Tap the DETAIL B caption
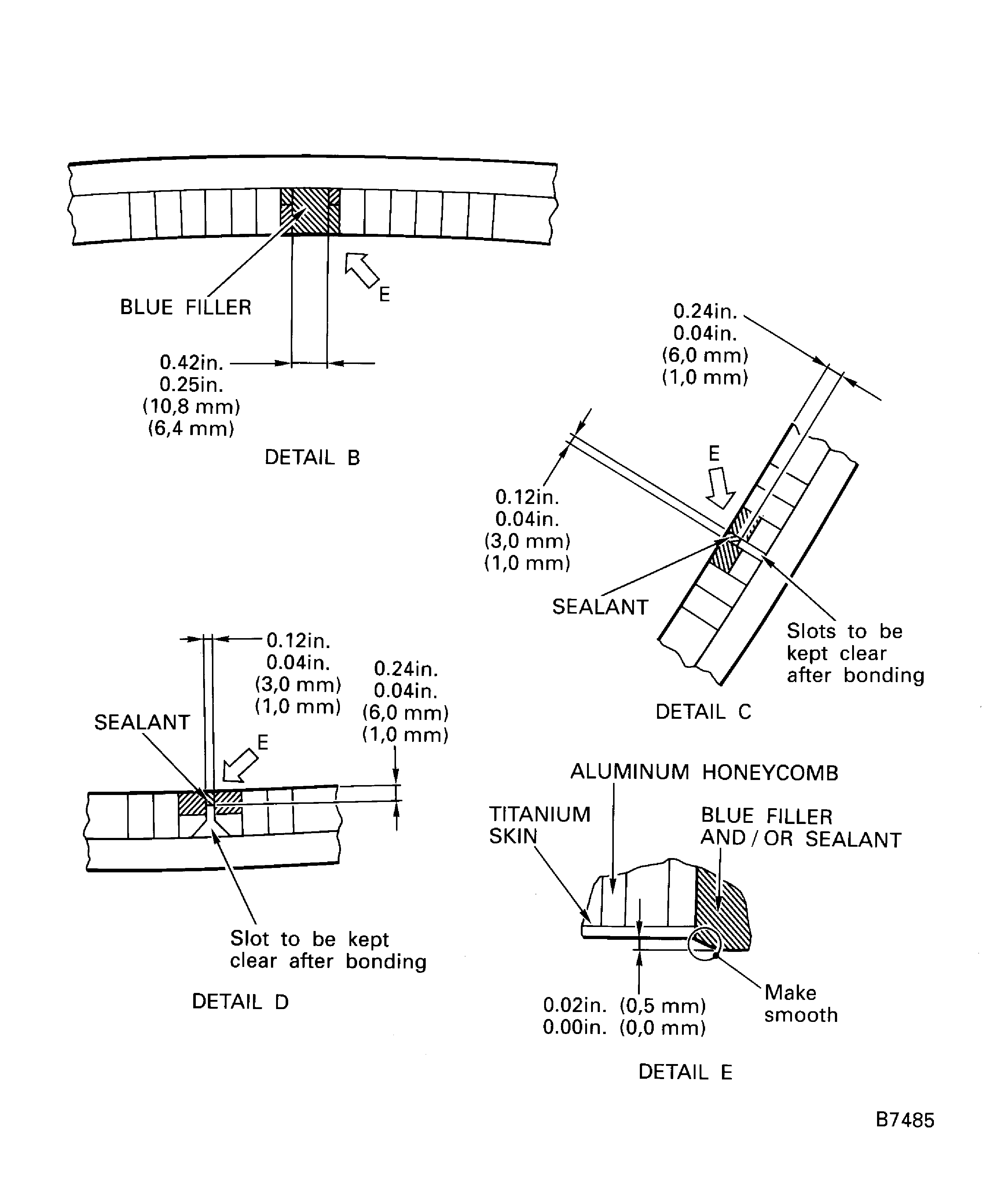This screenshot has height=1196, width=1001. pos(312,458)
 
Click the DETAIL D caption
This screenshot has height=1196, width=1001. pos(241,1001)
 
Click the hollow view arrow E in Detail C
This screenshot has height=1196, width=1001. pos(721,487)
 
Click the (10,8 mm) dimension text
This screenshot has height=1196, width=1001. pos(191,406)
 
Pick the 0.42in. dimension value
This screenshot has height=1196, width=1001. pos(191,363)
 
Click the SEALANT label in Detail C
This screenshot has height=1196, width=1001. pos(601,607)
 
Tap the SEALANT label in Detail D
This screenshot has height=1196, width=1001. pos(142,723)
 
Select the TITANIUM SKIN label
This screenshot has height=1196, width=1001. pos(539,825)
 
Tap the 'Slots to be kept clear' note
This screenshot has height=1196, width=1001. pos(855,653)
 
